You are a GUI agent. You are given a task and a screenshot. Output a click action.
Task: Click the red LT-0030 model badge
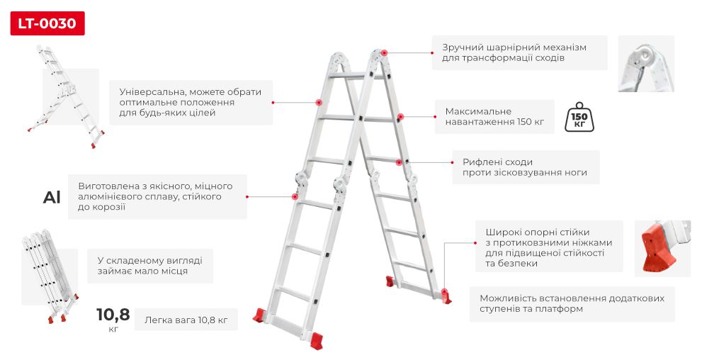click(x=47, y=23)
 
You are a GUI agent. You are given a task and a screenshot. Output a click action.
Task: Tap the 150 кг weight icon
click(x=579, y=118)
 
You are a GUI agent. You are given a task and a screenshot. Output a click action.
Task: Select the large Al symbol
click(x=52, y=198)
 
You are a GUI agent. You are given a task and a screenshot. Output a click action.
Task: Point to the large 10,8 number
click(x=113, y=315)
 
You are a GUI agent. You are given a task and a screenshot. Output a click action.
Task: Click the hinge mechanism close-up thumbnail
click(x=646, y=64)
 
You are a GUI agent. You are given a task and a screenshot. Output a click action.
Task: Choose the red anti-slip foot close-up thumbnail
click(x=662, y=249)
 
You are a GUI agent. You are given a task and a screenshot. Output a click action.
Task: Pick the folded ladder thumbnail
click(x=50, y=276)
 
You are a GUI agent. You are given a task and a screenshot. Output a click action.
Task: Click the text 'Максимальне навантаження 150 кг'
click(x=494, y=116)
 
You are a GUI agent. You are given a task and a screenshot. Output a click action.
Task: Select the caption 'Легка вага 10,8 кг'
click(x=186, y=320)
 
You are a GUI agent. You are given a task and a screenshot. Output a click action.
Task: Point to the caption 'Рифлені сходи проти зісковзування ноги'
click(x=525, y=167)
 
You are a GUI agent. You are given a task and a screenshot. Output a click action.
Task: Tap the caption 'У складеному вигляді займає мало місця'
click(x=150, y=266)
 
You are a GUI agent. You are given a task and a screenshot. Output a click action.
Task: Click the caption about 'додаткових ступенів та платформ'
click(x=572, y=303)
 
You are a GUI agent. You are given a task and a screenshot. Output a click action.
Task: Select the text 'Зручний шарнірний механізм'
click(x=514, y=47)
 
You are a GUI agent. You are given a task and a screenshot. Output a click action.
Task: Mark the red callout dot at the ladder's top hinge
click(x=385, y=53)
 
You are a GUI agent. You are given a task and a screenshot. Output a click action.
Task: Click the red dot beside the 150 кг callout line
click(x=401, y=117)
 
